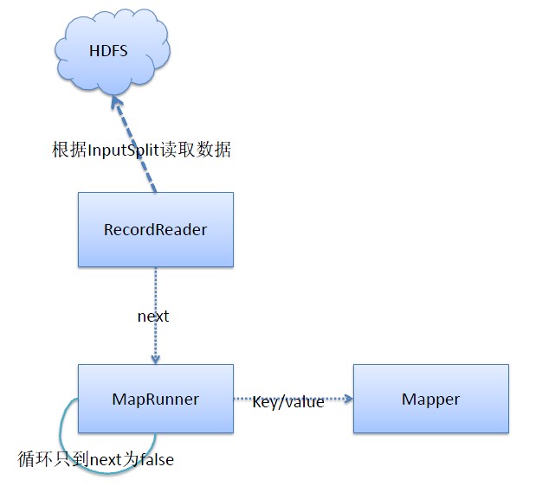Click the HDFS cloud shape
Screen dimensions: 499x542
[x=107, y=52]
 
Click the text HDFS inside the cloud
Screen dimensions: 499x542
[x=108, y=51]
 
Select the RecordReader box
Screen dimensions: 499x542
[x=155, y=229]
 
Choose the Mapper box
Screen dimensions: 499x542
[x=430, y=399]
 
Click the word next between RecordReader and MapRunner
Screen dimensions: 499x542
[x=153, y=317]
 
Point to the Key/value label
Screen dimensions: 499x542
[x=287, y=402]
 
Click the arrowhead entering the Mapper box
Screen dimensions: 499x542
[x=348, y=399]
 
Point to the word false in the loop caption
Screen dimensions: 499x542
[x=155, y=459]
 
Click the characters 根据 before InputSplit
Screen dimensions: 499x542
[x=68, y=150]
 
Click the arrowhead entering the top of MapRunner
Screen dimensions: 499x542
[x=155, y=359]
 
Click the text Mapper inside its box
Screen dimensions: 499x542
[x=430, y=400]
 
